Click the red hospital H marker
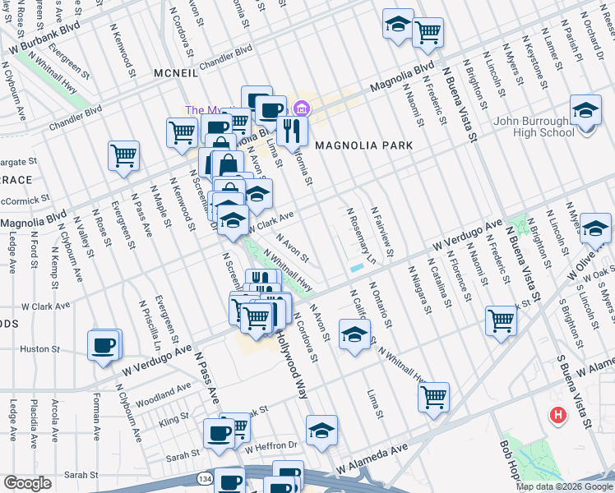pos(559,415)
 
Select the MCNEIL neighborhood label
pos(176,73)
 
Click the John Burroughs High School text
pos(534,127)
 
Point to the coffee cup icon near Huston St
pos(104,345)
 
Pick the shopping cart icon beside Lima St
pos(433,397)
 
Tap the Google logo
pos(27,483)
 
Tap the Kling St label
pos(174,420)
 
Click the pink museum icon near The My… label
pos(301,108)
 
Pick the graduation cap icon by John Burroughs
pos(585,110)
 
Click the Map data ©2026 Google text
pos(564,486)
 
